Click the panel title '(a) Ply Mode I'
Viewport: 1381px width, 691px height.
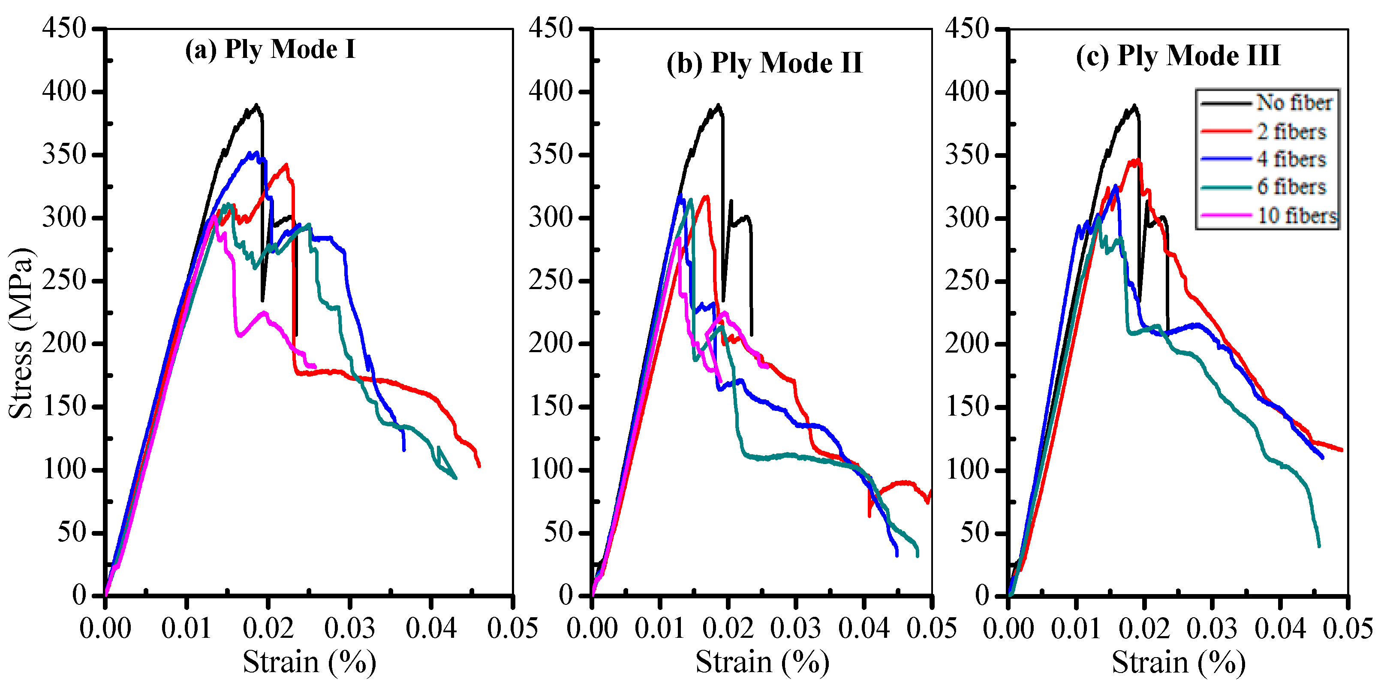270,49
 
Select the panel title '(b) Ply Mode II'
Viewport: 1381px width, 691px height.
764,63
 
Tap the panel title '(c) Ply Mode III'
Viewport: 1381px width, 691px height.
1177,56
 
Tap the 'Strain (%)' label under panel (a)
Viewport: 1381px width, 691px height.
309,662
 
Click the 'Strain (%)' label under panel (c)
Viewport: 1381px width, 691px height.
1178,662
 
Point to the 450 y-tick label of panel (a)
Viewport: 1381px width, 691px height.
64,28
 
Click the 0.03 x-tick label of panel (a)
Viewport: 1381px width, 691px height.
349,628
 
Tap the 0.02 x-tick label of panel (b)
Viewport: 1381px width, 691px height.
728,628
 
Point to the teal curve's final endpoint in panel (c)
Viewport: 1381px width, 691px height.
1319,546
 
